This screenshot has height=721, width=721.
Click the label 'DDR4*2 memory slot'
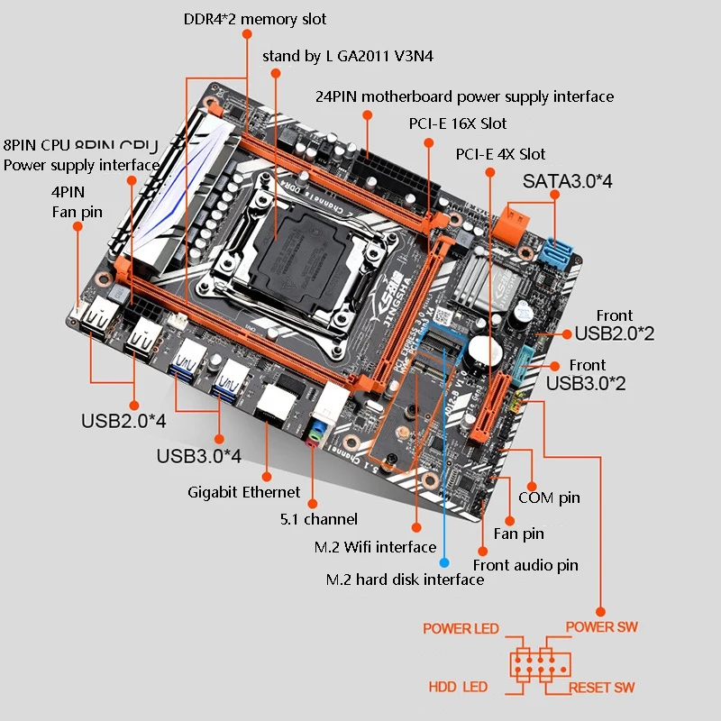(255, 19)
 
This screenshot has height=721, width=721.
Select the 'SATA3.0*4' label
(568, 181)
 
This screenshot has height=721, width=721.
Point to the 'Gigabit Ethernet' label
(243, 492)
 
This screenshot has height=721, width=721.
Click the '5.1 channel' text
(317, 519)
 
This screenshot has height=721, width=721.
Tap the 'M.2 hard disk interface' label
(405, 579)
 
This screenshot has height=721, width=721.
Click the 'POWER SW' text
(600, 626)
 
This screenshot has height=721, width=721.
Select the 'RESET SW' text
(601, 688)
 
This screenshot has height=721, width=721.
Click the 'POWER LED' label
(461, 628)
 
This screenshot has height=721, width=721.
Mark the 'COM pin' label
(549, 497)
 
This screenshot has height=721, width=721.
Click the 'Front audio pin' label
(525, 565)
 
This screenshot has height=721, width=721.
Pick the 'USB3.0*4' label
(198, 456)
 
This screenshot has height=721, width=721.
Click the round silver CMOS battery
(484, 352)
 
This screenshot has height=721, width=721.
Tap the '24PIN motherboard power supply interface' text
(464, 96)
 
